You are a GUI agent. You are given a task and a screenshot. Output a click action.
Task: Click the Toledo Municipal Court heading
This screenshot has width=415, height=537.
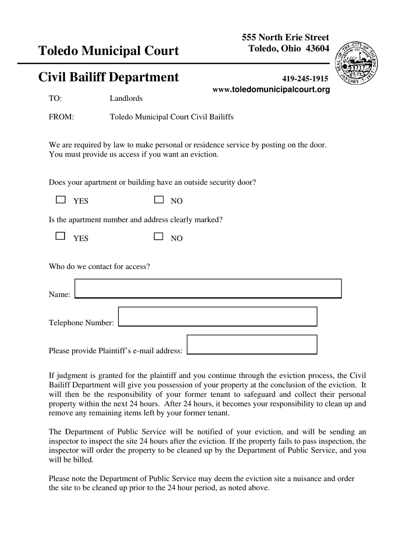point(108,51)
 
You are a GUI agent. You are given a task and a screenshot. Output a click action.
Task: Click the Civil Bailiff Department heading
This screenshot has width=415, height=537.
point(108,77)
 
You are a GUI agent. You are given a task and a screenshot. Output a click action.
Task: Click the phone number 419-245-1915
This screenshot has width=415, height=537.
point(305,79)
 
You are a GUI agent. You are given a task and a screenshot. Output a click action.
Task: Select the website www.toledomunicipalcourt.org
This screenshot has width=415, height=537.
point(271,89)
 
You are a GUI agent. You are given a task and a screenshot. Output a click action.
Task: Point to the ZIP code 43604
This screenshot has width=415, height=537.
point(318,48)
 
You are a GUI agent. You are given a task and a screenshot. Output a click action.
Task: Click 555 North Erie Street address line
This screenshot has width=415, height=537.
point(285,38)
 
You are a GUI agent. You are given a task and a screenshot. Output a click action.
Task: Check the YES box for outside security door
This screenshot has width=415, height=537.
point(61,200)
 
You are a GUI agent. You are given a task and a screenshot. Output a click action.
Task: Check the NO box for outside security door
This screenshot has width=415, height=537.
point(159,200)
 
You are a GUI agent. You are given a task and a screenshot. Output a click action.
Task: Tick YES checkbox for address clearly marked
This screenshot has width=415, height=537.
point(61,236)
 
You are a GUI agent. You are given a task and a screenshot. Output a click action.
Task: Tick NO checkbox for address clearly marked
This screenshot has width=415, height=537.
point(159,237)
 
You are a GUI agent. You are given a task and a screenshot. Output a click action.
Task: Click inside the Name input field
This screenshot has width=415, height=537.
point(208,289)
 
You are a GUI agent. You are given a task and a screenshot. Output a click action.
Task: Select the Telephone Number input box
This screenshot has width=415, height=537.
point(218,317)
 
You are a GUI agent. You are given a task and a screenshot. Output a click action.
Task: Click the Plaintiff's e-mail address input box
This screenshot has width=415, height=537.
point(252,344)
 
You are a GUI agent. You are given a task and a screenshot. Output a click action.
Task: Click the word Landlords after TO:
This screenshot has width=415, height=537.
point(126,98)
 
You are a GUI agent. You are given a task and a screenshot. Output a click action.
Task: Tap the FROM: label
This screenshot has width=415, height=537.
point(61,117)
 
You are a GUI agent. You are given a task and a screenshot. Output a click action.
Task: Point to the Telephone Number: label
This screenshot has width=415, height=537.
point(81,323)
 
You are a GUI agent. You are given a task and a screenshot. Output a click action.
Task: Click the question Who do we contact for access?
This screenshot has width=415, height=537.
point(99,266)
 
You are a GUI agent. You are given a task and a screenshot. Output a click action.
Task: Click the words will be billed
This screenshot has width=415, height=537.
point(71,460)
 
